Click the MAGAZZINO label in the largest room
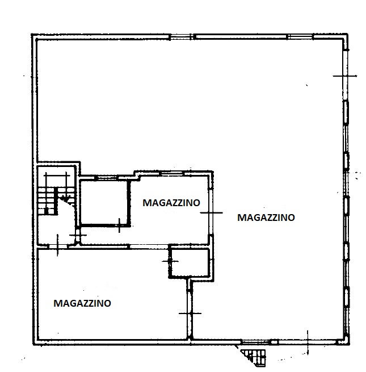pyautogui.click(x=266, y=217)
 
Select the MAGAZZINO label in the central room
pyautogui.click(x=171, y=202)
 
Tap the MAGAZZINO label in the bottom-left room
pyautogui.click(x=82, y=303)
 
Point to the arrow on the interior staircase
pyautogui.click(x=65, y=198)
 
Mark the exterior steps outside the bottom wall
pyautogui.click(x=255, y=356)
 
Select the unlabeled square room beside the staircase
pyautogui.click(x=103, y=203)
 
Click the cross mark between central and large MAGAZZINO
pyautogui.click(x=211, y=213)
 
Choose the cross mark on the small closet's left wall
pyautogui.click(x=169, y=261)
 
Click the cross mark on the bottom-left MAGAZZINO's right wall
pyautogui.click(x=190, y=313)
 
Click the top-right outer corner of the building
pyautogui.click(x=348, y=35)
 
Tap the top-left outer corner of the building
pyautogui.click(x=32, y=35)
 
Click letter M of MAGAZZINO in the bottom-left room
pyautogui.click(x=57, y=303)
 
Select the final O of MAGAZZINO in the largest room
pyautogui.click(x=291, y=217)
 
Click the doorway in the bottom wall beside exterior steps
pyautogui.click(x=256, y=342)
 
